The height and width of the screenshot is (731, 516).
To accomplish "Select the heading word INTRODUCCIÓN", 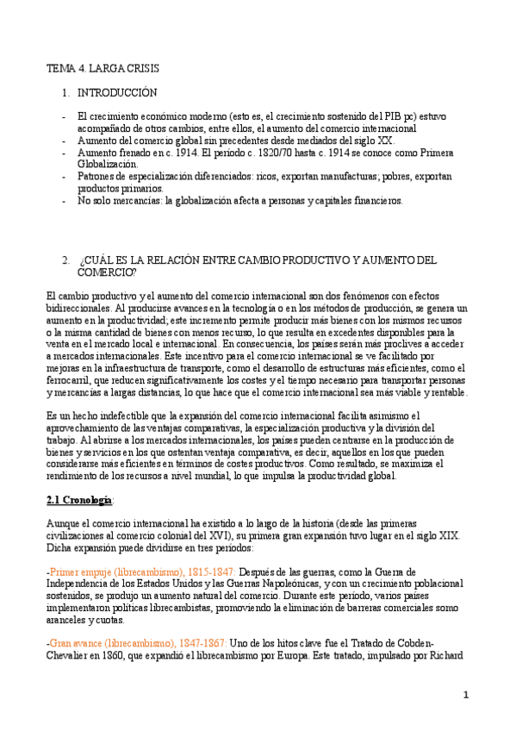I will pyautogui.click(x=117, y=91).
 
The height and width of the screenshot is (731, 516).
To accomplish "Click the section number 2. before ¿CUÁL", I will pyautogui.click(x=65, y=259).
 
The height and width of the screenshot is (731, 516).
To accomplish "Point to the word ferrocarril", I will pyautogui.click(x=71, y=380).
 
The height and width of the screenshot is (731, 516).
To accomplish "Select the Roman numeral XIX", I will pyautogui.click(x=448, y=534).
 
